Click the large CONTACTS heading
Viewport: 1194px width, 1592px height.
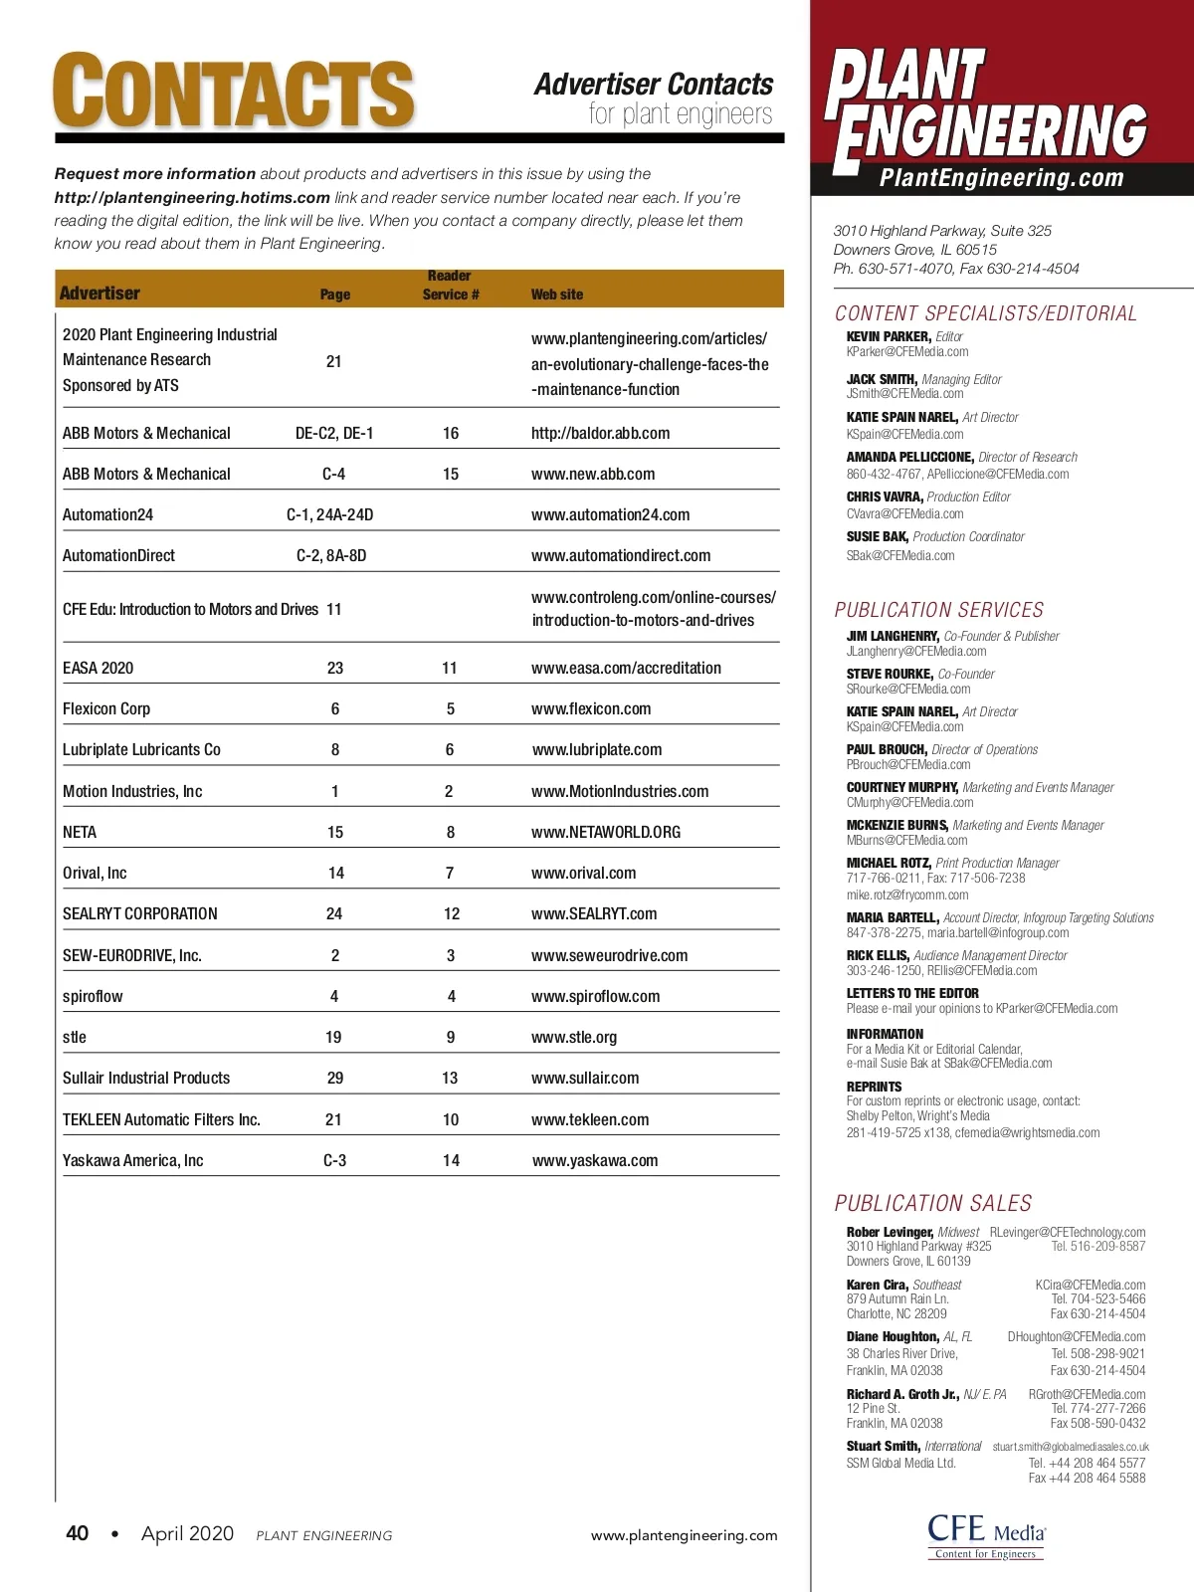click(x=234, y=92)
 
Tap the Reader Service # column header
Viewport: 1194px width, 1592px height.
click(x=450, y=286)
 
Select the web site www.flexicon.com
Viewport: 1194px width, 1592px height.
click(x=591, y=708)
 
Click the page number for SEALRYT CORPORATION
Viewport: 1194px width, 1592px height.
click(x=334, y=913)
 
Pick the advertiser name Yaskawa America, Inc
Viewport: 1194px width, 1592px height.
click(x=132, y=1160)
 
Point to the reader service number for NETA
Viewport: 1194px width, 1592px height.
click(x=451, y=832)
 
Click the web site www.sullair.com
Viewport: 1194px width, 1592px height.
click(x=585, y=1078)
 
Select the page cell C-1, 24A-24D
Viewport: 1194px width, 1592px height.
click(x=330, y=514)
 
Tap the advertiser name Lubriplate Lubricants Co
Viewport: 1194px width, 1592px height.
click(x=141, y=749)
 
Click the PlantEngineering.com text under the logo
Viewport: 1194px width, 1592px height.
click(x=1001, y=178)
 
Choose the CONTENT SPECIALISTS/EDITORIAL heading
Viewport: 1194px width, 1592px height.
click(x=985, y=313)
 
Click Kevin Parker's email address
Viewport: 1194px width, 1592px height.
click(x=907, y=351)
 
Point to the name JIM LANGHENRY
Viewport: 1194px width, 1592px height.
click(x=893, y=636)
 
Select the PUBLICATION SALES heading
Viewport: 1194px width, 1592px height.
click(x=933, y=1203)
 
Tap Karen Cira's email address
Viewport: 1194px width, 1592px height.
click(x=1091, y=1285)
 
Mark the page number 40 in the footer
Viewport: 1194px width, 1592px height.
click(x=77, y=1533)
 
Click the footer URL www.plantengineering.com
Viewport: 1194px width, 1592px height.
click(x=684, y=1535)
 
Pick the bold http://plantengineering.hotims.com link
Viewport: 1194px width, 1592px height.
click(x=192, y=197)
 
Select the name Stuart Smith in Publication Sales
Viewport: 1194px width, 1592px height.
click(x=883, y=1446)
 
